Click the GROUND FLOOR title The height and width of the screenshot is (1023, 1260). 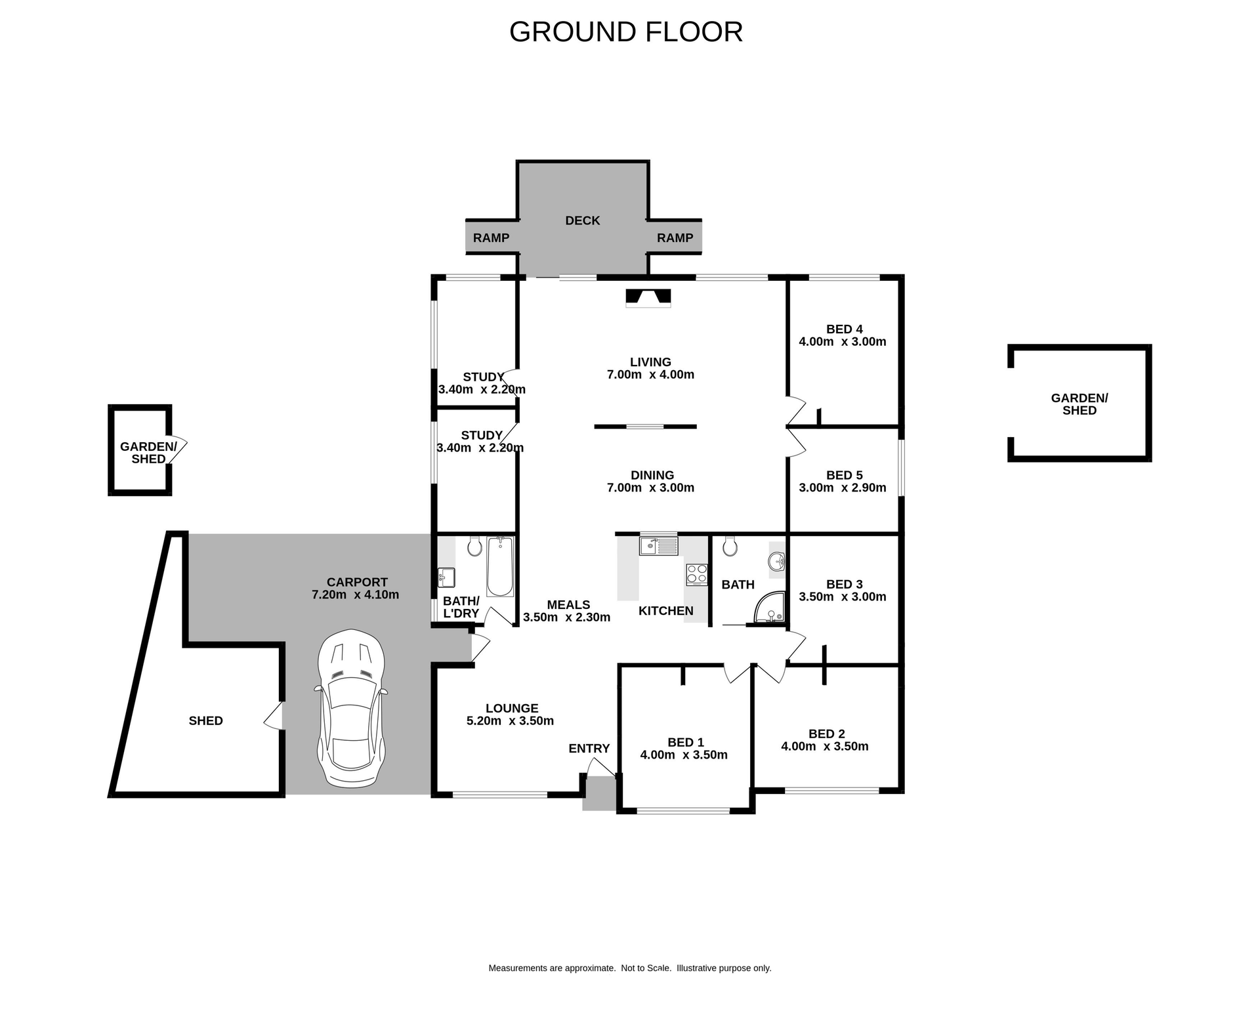(x=625, y=32)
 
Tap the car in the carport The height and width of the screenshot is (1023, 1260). (x=351, y=709)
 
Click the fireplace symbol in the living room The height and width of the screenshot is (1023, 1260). (x=648, y=298)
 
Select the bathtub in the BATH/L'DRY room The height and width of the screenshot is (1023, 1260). (x=500, y=566)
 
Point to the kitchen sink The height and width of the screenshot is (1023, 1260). (x=658, y=545)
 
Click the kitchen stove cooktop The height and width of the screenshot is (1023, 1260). (x=696, y=574)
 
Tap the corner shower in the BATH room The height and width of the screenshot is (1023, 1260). (x=770, y=608)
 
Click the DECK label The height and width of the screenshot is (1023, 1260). (x=582, y=220)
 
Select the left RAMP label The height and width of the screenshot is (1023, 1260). (x=491, y=238)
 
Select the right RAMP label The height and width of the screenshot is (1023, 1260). (x=675, y=238)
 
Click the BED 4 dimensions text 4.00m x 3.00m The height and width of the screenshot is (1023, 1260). (x=842, y=342)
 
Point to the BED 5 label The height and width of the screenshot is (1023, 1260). (x=844, y=475)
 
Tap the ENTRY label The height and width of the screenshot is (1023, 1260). (x=589, y=748)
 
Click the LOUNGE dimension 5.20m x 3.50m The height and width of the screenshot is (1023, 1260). (x=510, y=720)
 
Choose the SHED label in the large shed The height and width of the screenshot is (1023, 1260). (x=205, y=720)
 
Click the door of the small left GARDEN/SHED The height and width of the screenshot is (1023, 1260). (x=179, y=448)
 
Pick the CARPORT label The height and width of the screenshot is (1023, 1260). (x=357, y=582)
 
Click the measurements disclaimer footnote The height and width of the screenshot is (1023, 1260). (x=629, y=968)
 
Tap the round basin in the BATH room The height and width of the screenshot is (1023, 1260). (x=777, y=562)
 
